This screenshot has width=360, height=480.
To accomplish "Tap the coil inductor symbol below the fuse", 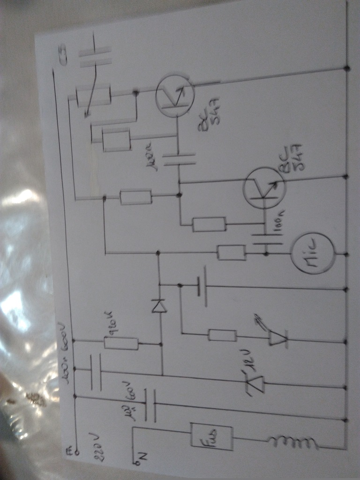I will [x=291, y=442].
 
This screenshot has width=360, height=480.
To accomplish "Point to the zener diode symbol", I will [x=255, y=382].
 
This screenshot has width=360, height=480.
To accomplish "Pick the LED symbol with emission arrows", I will [x=278, y=337].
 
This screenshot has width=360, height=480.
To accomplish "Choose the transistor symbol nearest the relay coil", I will [x=175, y=96].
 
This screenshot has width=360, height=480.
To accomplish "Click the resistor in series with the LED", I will [x=222, y=335].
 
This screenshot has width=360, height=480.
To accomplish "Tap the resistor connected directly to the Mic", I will [x=232, y=253].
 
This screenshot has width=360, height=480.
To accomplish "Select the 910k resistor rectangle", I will [x=121, y=344].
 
